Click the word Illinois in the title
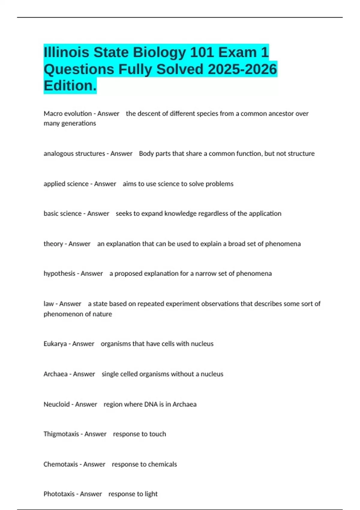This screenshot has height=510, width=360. point(66,52)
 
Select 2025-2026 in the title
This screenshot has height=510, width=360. point(242,69)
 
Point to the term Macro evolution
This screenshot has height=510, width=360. point(67,114)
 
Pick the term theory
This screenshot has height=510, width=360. point(53,244)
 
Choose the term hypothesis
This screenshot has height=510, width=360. point(59,274)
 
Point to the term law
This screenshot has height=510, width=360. point(48,304)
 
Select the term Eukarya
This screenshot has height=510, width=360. point(55,344)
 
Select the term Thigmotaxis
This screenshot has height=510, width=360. point(61,434)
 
